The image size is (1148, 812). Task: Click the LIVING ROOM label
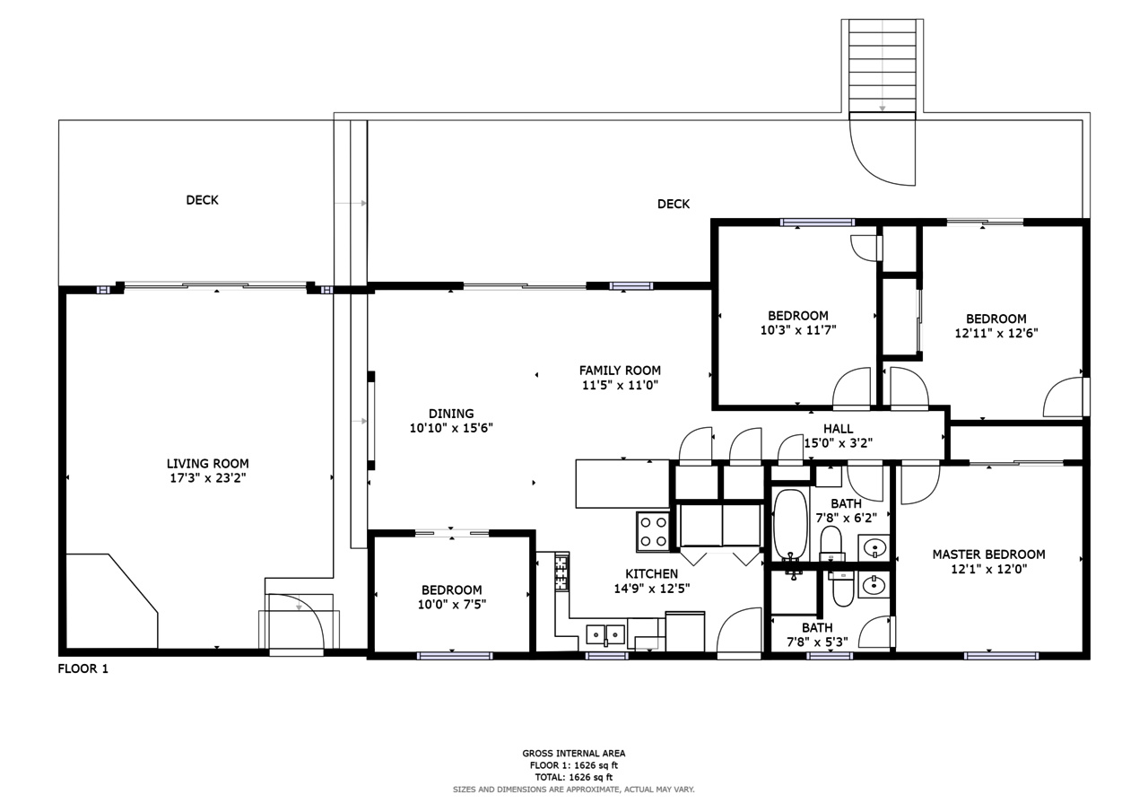[207, 463]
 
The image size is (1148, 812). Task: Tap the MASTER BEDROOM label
[988, 554]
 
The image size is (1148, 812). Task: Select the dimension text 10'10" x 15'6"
[451, 427]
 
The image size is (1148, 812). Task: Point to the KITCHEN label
[651, 573]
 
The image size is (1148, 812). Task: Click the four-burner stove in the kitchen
[653, 531]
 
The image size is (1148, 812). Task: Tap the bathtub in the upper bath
[790, 524]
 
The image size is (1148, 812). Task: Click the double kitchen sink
[605, 635]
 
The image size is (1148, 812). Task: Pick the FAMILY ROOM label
[620, 371]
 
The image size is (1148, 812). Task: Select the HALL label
[839, 429]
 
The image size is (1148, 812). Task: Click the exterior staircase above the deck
[882, 65]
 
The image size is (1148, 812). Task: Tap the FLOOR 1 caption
[83, 668]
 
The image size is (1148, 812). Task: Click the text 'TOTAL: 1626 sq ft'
[573, 777]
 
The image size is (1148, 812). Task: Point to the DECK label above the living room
[202, 200]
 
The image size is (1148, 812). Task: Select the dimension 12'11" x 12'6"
[996, 333]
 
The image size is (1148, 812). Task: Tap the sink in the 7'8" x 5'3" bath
[874, 584]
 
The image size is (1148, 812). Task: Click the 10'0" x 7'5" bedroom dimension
[451, 605]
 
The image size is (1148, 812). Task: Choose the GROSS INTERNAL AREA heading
[573, 753]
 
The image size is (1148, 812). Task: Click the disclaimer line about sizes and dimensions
[573, 790]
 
